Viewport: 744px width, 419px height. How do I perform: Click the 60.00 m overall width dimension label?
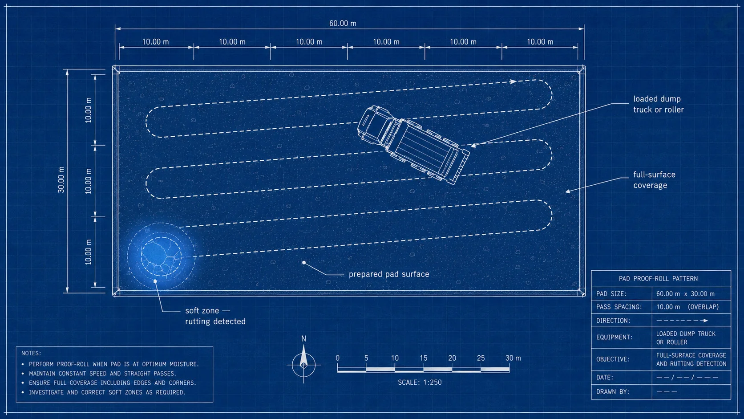click(x=343, y=23)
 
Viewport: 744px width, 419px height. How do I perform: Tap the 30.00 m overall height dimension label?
click(x=61, y=180)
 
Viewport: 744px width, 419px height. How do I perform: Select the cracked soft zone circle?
click(x=161, y=256)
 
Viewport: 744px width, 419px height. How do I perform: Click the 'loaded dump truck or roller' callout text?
click(x=658, y=104)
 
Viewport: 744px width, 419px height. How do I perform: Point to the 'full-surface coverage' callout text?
click(x=654, y=180)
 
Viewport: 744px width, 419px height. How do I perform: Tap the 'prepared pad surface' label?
click(x=389, y=274)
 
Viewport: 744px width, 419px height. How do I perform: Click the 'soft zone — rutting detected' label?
click(x=215, y=316)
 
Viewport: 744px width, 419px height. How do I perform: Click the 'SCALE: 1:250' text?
click(x=420, y=382)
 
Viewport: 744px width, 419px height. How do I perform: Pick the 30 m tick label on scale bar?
click(x=513, y=358)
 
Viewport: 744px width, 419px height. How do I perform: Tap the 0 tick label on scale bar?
click(x=337, y=358)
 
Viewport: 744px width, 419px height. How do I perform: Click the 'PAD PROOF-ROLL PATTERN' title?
click(x=658, y=278)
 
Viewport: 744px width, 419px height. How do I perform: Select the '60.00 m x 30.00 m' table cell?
click(x=685, y=294)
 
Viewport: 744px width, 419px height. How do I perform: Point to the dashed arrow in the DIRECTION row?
click(x=682, y=321)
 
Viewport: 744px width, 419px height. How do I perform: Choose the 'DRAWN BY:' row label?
click(x=613, y=392)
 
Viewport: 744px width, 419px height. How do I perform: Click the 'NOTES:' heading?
click(x=31, y=353)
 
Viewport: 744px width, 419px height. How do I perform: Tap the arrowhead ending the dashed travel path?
click(x=513, y=81)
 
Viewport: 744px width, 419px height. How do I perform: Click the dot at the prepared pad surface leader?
click(x=303, y=263)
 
